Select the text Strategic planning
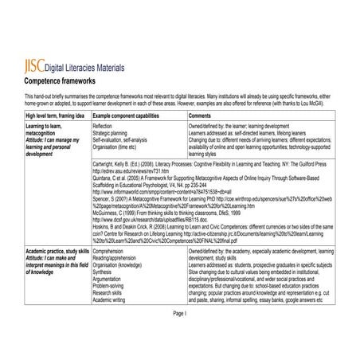[x=112, y=134]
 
